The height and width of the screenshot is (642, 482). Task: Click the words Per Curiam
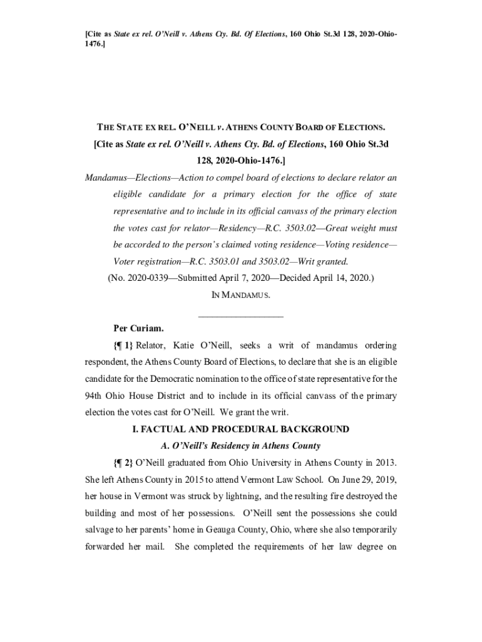pyautogui.click(x=138, y=328)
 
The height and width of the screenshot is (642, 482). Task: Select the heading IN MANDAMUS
pyautogui.click(x=240, y=294)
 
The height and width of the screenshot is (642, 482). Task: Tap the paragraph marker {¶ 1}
pyautogui.click(x=123, y=345)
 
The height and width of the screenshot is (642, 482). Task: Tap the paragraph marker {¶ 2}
pyautogui.click(x=123, y=463)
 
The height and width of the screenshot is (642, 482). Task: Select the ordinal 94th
pyautogui.click(x=96, y=396)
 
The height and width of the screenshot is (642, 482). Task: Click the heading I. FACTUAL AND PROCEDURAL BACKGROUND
pyautogui.click(x=240, y=429)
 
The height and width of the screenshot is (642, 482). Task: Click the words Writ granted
pyautogui.click(x=324, y=261)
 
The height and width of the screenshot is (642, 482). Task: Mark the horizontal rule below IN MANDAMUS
pyautogui.click(x=240, y=315)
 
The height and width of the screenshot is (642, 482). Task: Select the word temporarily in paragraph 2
pyautogui.click(x=369, y=530)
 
